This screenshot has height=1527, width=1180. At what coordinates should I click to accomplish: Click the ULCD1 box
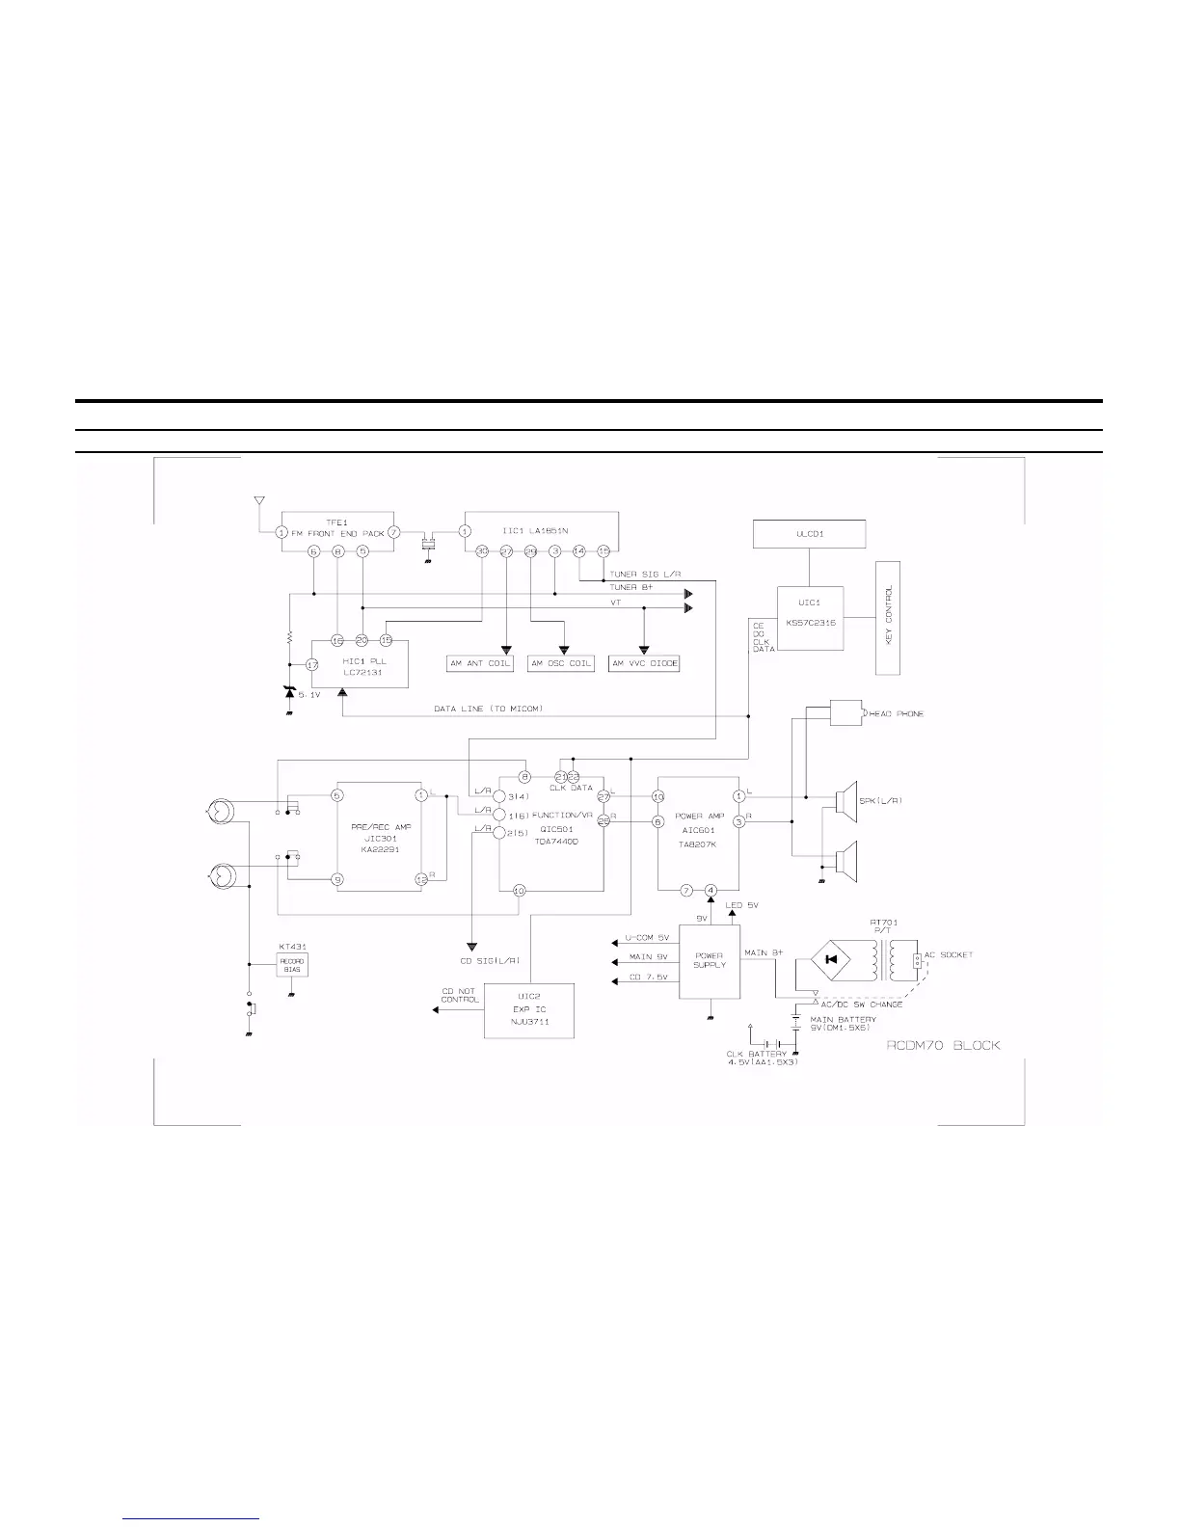[809, 534]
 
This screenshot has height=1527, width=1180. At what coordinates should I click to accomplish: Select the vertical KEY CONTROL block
[888, 617]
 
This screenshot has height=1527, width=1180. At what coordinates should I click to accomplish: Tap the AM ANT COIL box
[481, 663]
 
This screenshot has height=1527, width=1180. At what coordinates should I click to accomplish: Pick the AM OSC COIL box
[562, 663]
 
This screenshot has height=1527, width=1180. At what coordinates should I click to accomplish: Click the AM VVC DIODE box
[645, 663]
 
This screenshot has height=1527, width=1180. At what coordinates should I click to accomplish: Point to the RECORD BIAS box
[291, 965]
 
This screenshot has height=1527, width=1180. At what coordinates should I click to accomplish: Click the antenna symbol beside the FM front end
[257, 501]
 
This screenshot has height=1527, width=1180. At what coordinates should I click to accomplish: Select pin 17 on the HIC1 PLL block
[312, 664]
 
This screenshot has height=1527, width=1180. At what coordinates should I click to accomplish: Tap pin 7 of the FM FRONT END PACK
[393, 532]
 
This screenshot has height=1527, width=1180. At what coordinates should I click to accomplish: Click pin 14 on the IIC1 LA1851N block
[578, 551]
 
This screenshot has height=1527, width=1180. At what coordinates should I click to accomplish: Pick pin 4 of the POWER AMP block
[711, 890]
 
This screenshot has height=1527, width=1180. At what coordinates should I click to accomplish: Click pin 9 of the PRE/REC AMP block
[337, 879]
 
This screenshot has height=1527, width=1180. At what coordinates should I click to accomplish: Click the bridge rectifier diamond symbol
[831, 959]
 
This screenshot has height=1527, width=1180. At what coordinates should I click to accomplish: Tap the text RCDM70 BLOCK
[943, 1045]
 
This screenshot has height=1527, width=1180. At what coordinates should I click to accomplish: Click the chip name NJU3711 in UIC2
[529, 1021]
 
